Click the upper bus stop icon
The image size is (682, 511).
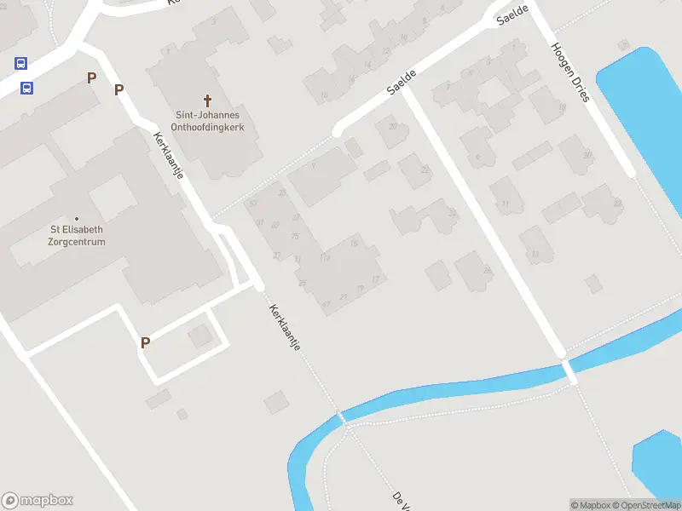pos(20,63)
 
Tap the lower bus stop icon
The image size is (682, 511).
pos(27,88)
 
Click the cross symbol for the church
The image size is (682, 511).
pos(207,100)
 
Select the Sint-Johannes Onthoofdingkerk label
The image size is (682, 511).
pos(208,121)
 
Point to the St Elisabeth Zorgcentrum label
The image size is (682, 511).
pos(77,235)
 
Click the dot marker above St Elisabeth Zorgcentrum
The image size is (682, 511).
pos(77,219)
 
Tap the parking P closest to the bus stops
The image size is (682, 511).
pos(91,78)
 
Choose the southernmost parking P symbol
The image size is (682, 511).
pos(145,342)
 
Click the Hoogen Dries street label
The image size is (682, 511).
pos(570,72)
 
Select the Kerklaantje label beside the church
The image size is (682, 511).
pos(168,155)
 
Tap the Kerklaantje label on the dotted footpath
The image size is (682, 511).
pos(286,333)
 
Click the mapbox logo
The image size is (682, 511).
pos(38,500)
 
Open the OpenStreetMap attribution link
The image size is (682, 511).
pos(646,505)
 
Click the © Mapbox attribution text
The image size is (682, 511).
pos(590,505)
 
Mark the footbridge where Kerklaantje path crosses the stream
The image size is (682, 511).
pos(342,418)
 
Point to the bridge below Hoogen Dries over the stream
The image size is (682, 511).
pos(569,371)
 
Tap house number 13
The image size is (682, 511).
pos(535,254)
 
